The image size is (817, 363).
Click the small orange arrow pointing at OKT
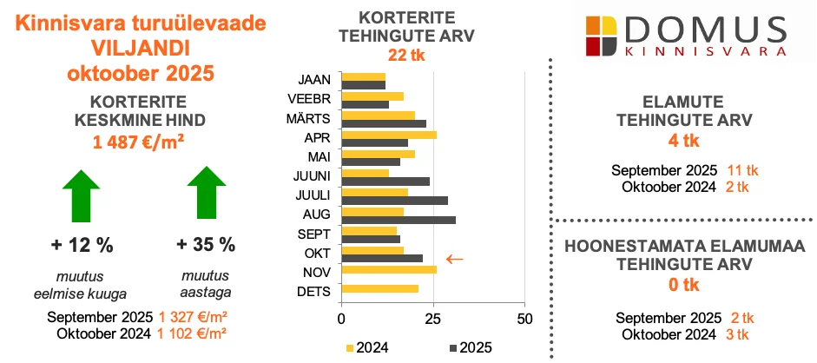(454, 259)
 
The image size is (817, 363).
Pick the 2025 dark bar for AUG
(399, 220)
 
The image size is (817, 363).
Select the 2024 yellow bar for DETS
(380, 289)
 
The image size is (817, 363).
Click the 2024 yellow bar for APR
(389, 135)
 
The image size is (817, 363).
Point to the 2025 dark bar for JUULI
(395, 201)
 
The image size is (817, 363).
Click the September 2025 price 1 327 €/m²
(193, 317)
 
